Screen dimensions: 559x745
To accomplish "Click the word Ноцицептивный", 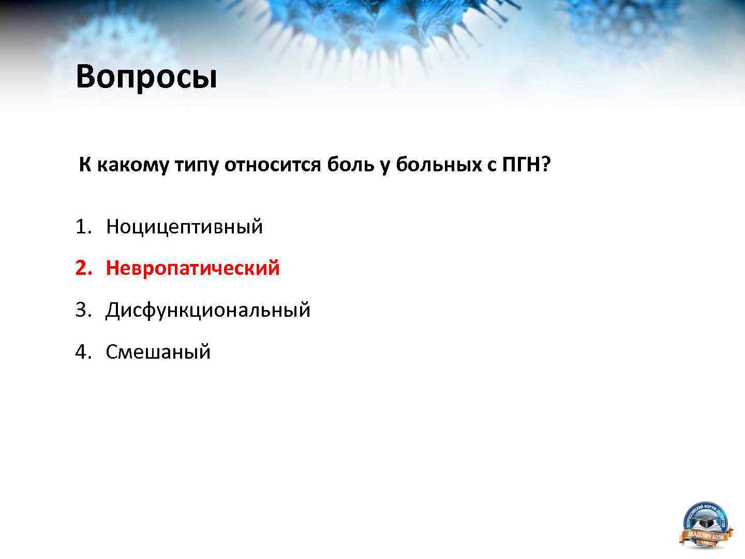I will coord(184,227).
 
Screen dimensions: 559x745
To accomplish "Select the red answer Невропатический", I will coord(192,268).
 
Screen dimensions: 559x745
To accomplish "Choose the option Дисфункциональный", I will coord(208,310).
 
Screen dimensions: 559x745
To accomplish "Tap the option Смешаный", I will coord(158,352).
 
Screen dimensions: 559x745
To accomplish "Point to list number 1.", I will coord(83,227).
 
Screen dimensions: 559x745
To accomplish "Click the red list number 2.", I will coord(83,268).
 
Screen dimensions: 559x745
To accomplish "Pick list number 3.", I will coord(83,310).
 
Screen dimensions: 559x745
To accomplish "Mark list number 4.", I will coord(83,352).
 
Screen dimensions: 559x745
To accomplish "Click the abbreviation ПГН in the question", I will coord(520,165).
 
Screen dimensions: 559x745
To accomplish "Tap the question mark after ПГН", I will coord(545,165).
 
